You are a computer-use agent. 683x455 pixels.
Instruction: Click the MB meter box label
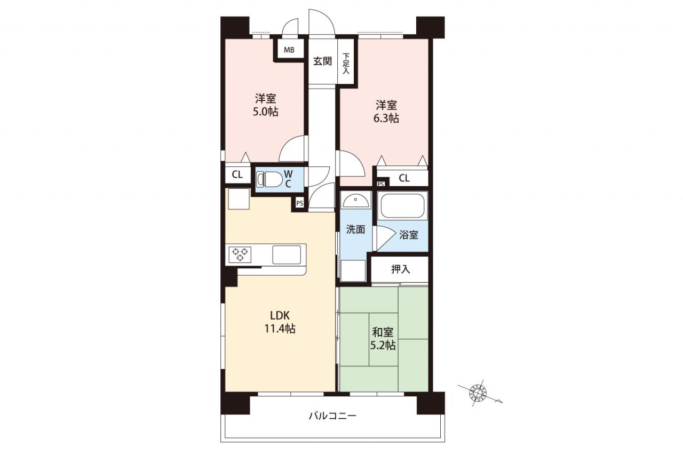pos(289,50)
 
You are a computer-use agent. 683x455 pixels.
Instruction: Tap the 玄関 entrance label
pos(323,61)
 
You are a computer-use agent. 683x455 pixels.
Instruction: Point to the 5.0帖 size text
pos(265,112)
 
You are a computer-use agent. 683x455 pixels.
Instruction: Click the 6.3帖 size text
pos(386,118)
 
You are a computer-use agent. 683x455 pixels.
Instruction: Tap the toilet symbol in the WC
pos(269,179)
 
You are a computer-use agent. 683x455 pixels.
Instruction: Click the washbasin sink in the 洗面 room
pos(355,199)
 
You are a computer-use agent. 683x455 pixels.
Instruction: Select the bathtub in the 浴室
pos(402,206)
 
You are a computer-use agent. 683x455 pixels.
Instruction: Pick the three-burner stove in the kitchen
pos(240,254)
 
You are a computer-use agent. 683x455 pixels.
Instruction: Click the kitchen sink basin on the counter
pos(287,254)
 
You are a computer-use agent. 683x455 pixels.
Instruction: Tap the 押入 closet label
pos(401,269)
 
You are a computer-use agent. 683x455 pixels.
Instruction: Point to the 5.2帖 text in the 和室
pos(383,345)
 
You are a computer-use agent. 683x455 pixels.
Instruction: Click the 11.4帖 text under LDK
pos(280,329)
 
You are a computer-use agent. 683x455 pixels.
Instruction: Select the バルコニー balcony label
pos(332,416)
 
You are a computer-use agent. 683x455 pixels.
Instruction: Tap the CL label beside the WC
pos(237,174)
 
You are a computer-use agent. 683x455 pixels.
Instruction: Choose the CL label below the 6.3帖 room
pos(404,178)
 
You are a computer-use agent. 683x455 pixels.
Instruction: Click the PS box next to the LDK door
pos(300,203)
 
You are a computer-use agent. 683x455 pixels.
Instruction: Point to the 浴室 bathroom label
pos(409,235)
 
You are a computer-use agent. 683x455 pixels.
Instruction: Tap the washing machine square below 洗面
pos(353,270)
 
